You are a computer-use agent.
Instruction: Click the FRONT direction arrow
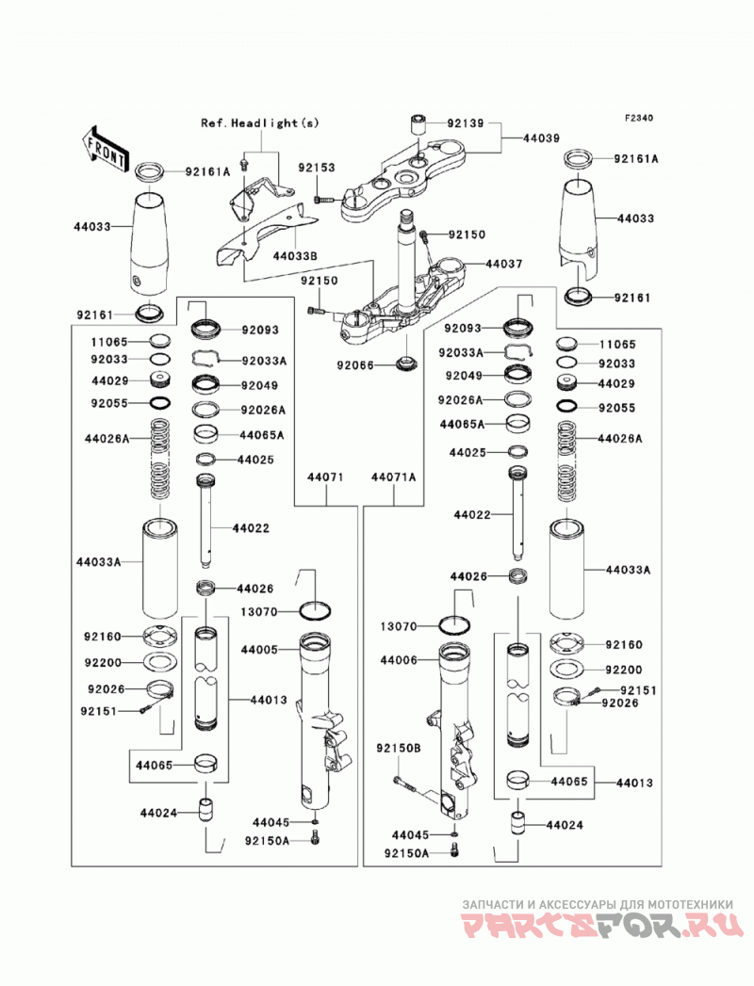pos(105,150)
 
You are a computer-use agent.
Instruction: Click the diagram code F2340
pos(639,118)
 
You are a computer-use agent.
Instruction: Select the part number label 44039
pos(541,137)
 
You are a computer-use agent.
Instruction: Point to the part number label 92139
pos(466,123)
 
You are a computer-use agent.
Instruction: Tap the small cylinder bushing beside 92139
pos(418,124)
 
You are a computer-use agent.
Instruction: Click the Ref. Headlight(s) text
pos(260,122)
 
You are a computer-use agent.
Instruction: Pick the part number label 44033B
pos(295,256)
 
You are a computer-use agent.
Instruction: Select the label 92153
pos(317,168)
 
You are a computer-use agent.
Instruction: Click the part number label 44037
pos(503,264)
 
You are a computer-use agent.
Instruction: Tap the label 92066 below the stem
pos(355,364)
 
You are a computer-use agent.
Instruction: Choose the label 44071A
pos(393,477)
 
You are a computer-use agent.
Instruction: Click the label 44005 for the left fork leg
pos(258,650)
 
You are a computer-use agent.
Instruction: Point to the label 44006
pos(399,661)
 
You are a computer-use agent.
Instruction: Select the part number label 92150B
pos(399,749)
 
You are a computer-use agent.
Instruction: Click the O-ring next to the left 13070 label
pos(316,610)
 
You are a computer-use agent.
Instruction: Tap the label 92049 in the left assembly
pos(259,385)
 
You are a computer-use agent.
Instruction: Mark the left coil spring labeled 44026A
pos(159,458)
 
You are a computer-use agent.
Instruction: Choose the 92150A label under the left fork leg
pos(268,840)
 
